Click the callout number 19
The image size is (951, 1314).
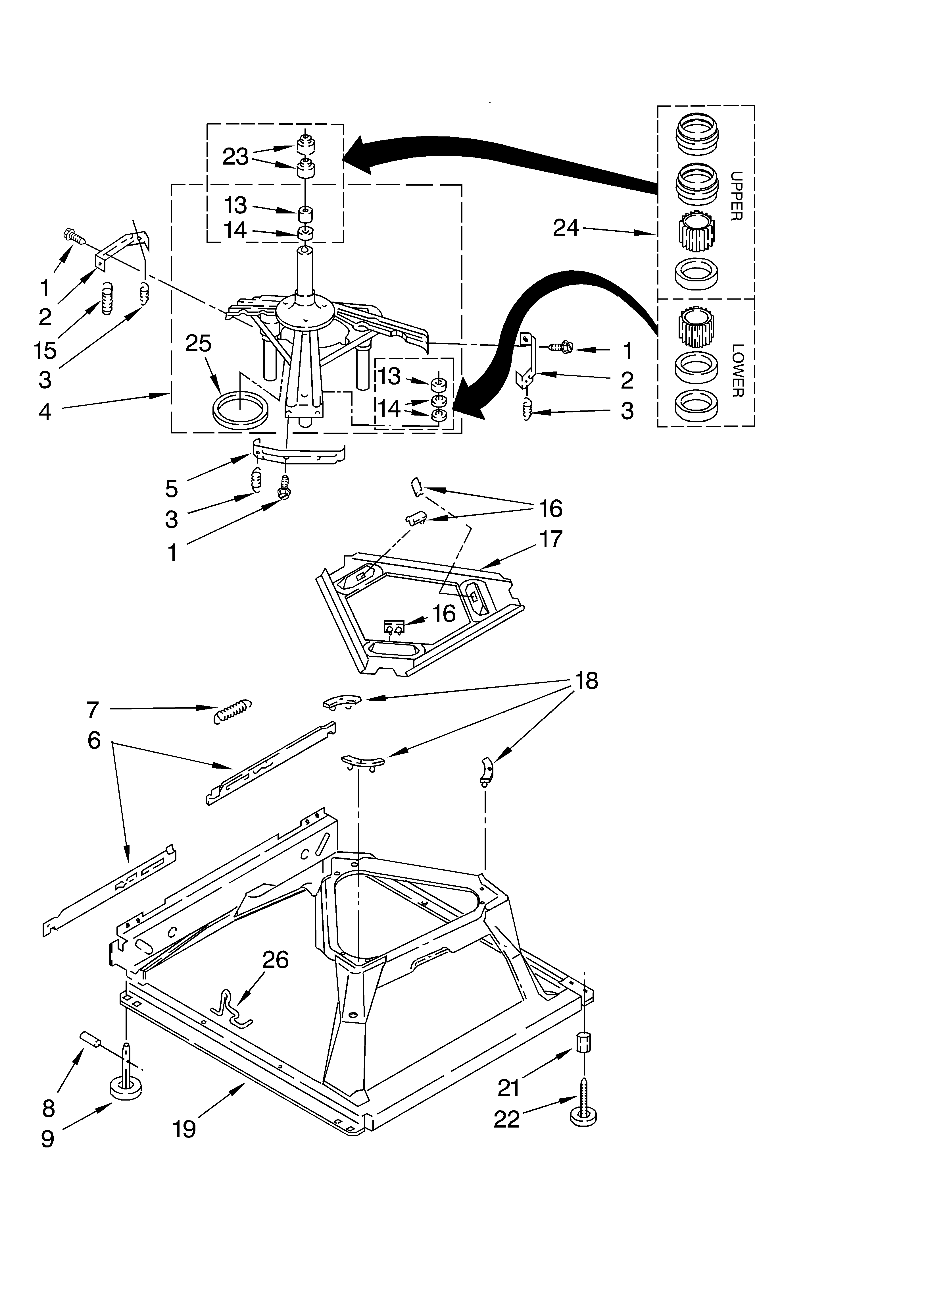[184, 1129]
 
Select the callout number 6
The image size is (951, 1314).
[94, 740]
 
